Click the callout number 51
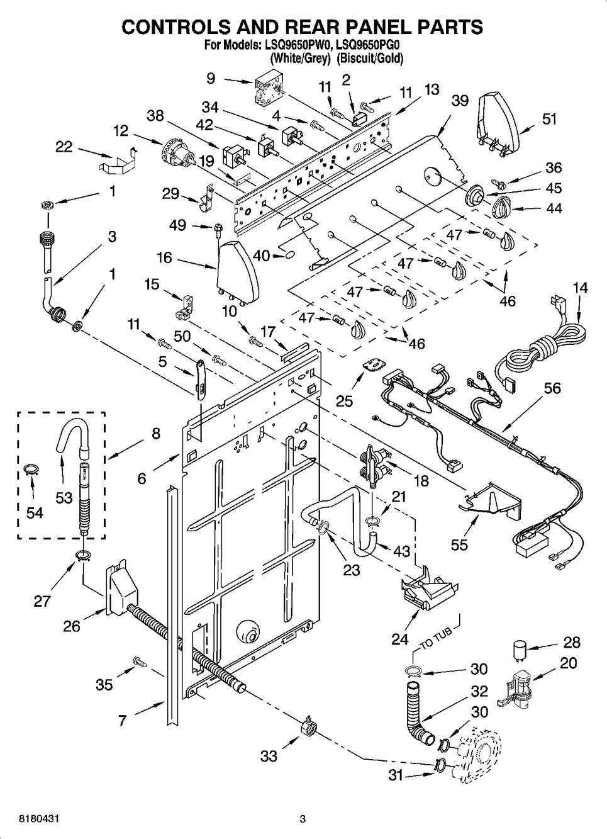coord(550,118)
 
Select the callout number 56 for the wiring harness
coord(552,388)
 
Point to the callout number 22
coord(64,147)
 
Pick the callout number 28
coord(572,643)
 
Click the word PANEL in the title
coord(368,27)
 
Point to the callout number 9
coord(211,78)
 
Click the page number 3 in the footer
coord(303,819)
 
